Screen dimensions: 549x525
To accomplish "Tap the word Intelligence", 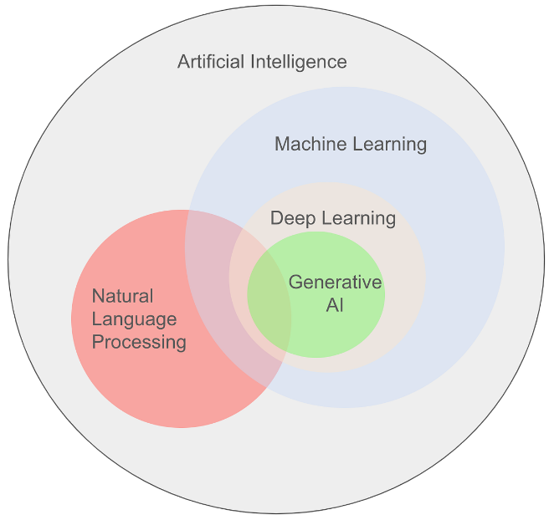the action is point(299,63).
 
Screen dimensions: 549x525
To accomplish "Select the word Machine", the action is point(310,144).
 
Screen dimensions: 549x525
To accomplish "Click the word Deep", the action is point(293,219).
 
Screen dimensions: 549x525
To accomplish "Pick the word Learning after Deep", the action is point(358,219).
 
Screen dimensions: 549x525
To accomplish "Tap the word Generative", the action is point(335,282).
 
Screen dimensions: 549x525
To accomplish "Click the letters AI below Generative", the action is point(335,305).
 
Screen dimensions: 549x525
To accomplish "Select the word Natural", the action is point(122,296).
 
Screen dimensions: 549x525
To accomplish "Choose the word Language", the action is point(134,320).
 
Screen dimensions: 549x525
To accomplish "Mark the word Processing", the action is point(139,343).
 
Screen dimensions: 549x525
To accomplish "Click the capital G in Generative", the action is point(295,282).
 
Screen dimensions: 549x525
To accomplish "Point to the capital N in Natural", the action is point(99,296).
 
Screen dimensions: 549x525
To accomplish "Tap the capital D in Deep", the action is point(277,218).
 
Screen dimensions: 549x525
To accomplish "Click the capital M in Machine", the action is point(283,144).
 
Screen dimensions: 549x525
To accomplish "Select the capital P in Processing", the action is point(98,342).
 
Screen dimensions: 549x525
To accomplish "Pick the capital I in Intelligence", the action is point(253,62).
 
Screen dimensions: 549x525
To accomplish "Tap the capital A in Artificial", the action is point(184,62).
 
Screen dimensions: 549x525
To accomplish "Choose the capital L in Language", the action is point(97,319).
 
